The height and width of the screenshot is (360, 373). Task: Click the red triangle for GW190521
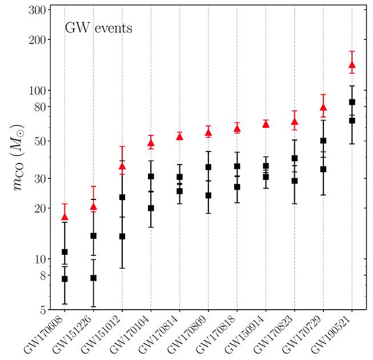tap(352, 65)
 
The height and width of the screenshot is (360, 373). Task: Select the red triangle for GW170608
tap(65, 217)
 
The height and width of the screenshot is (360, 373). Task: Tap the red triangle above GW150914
tap(266, 123)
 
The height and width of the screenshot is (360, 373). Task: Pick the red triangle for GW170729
tap(323, 107)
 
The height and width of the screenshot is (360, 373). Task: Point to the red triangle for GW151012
tap(122, 166)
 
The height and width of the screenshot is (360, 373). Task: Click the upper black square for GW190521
tap(352, 102)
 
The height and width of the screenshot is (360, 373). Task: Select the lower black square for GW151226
tap(93, 278)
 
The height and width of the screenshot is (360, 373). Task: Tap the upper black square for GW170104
tap(151, 177)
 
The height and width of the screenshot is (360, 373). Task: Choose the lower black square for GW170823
tap(294, 181)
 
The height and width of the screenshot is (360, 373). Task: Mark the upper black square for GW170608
tap(65, 252)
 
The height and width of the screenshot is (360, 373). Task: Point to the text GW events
tap(98, 27)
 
